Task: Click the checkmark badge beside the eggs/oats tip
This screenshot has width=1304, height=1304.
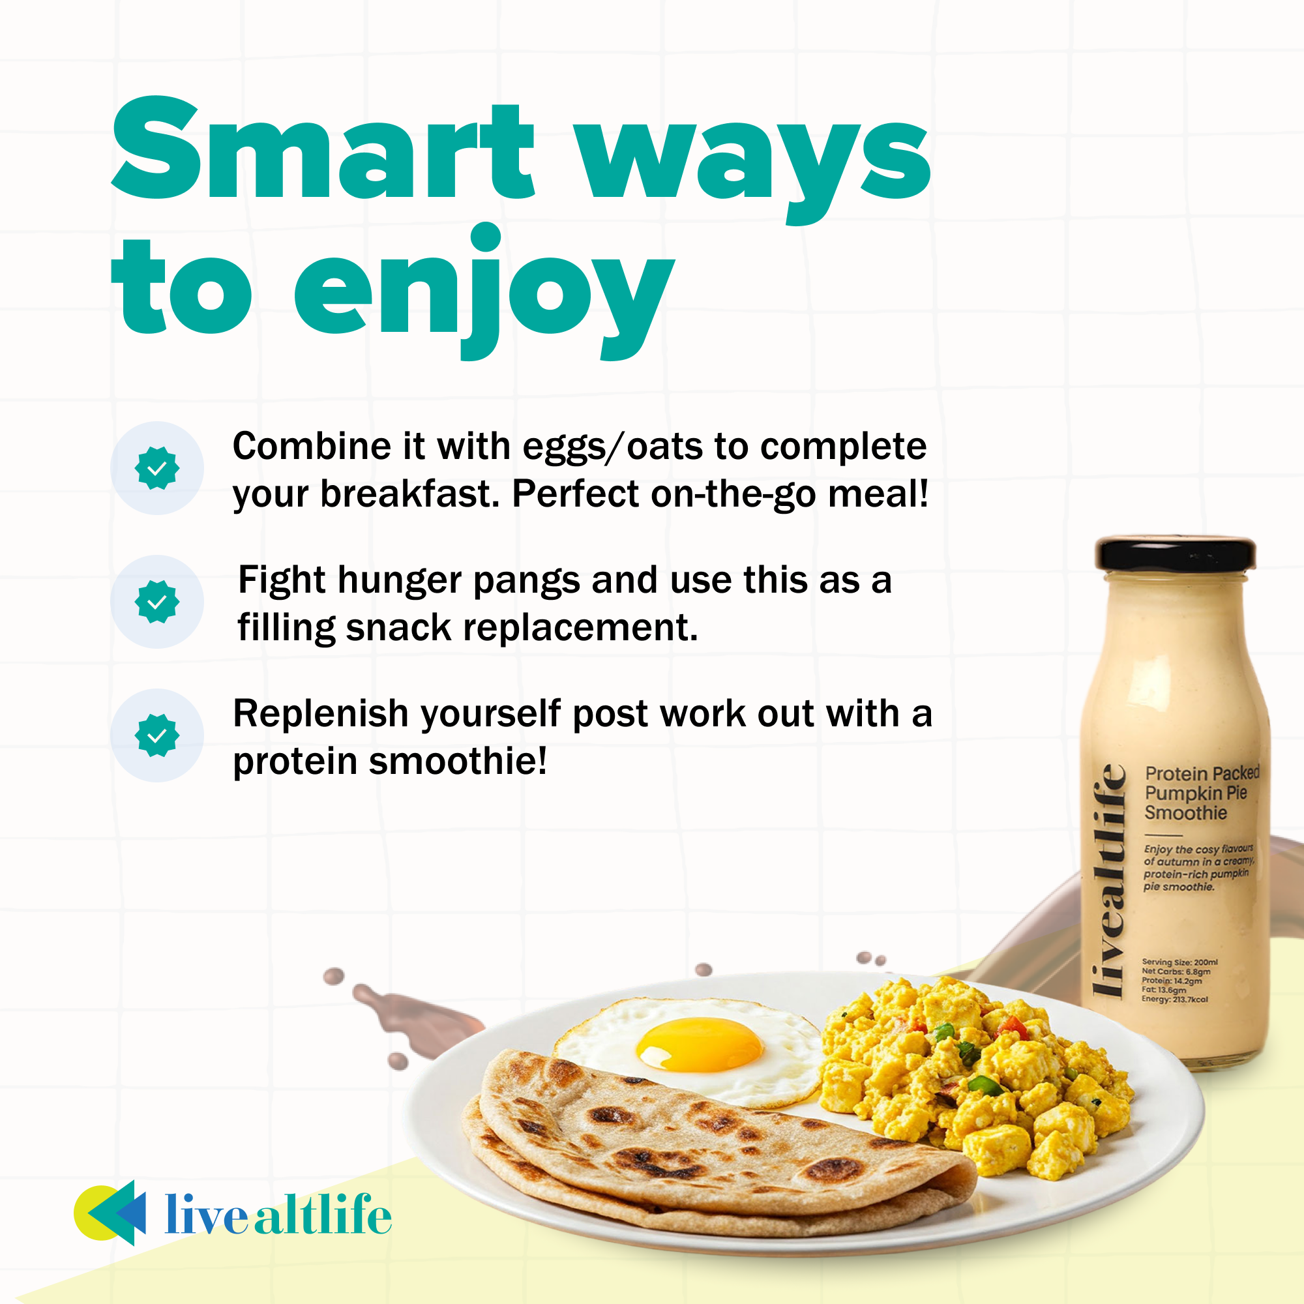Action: coord(157,467)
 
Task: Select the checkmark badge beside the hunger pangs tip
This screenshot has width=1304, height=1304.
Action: coord(157,601)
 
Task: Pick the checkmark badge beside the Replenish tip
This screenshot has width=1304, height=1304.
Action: coord(157,735)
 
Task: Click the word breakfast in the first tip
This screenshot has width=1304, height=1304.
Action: coord(409,494)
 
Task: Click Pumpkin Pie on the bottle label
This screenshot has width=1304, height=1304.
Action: coord(1195,792)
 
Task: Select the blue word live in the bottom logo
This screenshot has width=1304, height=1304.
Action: coord(206,1215)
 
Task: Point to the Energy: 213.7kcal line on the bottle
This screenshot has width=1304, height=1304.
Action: coord(1174,1000)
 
